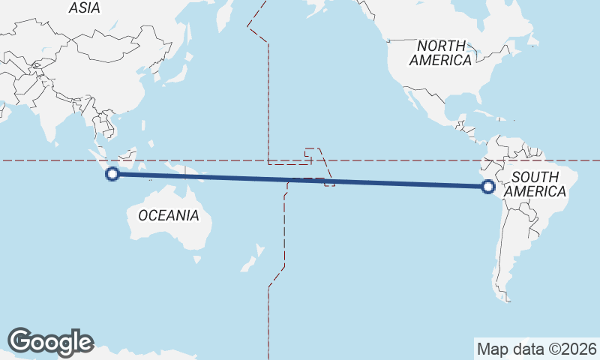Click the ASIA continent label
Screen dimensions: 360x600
tap(84, 7)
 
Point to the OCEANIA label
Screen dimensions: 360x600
tap(168, 215)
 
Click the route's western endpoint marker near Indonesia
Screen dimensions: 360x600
tap(112, 174)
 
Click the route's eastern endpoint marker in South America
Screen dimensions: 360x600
tap(488, 187)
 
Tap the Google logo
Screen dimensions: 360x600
tap(50, 341)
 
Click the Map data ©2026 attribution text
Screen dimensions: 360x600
tap(537, 349)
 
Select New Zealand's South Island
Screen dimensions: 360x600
tap(245, 263)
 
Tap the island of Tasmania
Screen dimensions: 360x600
tap(196, 259)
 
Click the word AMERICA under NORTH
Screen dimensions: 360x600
tap(440, 61)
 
